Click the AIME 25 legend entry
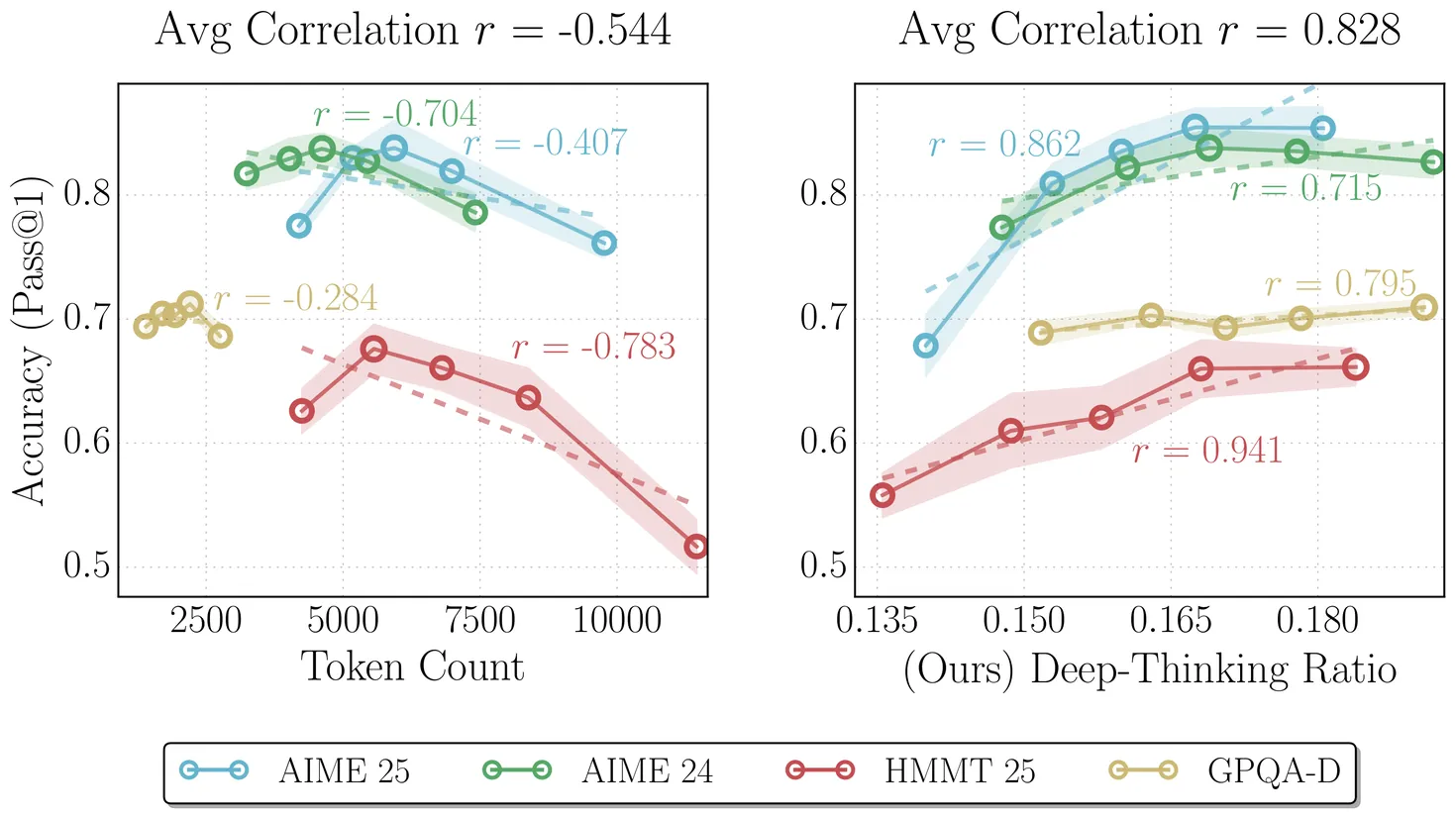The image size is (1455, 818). (x=296, y=770)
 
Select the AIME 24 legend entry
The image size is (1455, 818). (x=598, y=770)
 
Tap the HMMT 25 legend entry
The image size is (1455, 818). (x=910, y=770)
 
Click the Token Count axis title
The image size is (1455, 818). (x=412, y=666)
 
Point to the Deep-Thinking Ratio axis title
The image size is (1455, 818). (x=1149, y=669)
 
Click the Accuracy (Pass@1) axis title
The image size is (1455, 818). (x=29, y=341)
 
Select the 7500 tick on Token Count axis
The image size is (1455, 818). (x=479, y=621)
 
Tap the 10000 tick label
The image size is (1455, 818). (x=616, y=621)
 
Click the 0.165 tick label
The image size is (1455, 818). (x=1170, y=621)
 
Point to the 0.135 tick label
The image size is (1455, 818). (x=877, y=621)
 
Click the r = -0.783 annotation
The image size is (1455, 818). (x=593, y=347)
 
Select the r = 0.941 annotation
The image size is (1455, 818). (x=1207, y=451)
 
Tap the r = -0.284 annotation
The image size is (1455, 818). (x=295, y=298)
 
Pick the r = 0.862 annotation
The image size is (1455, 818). (x=1004, y=145)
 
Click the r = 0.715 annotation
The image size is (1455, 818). (x=1304, y=188)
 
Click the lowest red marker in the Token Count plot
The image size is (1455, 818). (x=695, y=547)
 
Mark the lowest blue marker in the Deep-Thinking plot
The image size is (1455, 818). (x=925, y=346)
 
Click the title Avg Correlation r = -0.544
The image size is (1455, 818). (x=413, y=30)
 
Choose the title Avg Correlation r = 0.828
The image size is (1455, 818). (x=1149, y=30)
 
